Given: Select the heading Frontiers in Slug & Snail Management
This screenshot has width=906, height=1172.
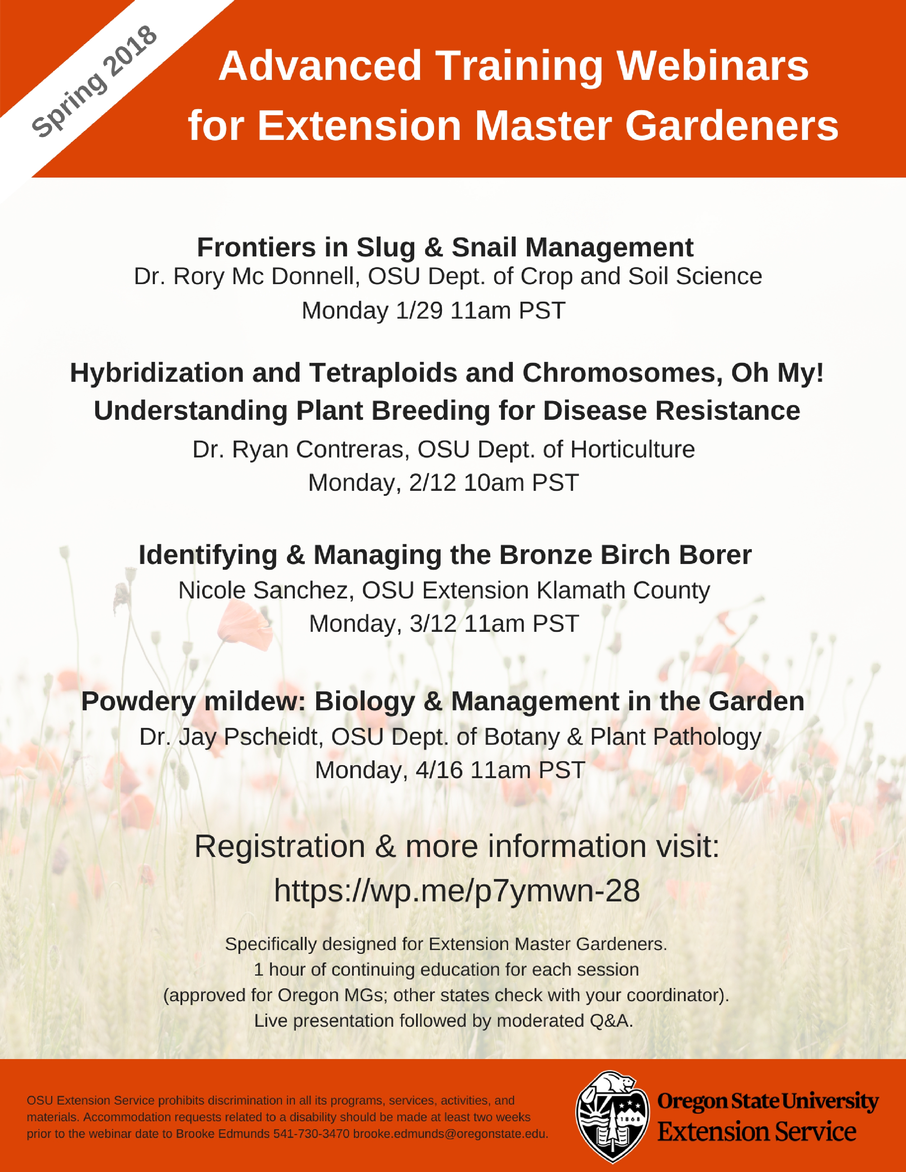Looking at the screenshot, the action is (x=445, y=248).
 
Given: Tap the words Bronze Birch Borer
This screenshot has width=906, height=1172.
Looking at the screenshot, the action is (x=625, y=555).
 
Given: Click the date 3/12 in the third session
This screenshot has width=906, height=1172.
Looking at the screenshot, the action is (x=433, y=624).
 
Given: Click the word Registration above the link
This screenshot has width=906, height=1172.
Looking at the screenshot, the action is (x=280, y=847).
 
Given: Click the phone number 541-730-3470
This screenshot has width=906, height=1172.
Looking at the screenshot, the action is (x=311, y=1134).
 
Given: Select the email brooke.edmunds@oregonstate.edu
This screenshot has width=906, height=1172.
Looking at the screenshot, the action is (x=450, y=1134).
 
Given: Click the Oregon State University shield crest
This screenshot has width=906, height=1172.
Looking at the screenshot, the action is (x=613, y=1117).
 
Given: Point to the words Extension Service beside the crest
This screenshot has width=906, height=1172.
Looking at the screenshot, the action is (x=757, y=1132).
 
